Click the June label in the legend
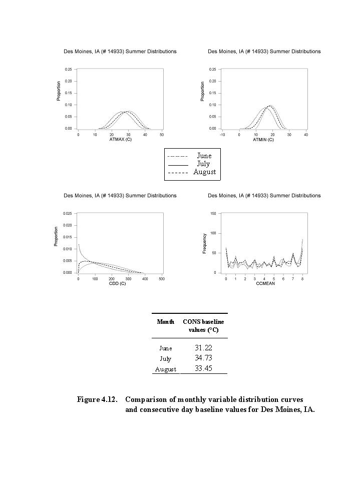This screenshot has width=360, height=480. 204,156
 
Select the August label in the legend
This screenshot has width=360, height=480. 204,172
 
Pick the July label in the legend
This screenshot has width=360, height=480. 203,164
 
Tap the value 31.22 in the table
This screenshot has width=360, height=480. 203,347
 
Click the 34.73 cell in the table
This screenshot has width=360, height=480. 203,358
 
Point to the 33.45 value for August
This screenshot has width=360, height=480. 203,369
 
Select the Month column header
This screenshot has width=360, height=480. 165,322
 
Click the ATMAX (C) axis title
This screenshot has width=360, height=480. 120,140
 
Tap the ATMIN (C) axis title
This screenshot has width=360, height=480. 263,140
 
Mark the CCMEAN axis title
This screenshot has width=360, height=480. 264,284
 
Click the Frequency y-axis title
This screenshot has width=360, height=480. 204,243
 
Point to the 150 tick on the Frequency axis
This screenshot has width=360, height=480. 213,213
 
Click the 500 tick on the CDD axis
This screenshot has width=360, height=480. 162,278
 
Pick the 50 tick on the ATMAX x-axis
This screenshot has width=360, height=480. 162,134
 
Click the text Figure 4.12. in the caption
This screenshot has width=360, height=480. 97,399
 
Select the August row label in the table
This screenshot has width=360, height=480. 165,369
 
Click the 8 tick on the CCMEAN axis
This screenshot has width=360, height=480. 302,278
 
